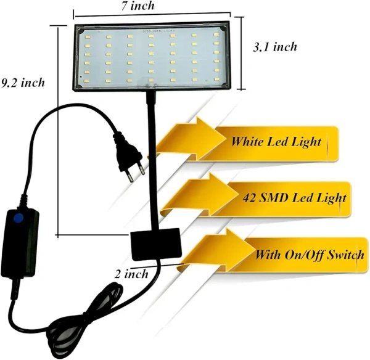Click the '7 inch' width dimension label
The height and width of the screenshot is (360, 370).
point(155,6)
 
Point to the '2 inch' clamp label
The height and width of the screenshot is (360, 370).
point(131,274)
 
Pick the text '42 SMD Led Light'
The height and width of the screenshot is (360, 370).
point(292,198)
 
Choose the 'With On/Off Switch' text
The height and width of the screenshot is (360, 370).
point(310,254)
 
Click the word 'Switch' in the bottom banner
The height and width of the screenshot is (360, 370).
point(347,254)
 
